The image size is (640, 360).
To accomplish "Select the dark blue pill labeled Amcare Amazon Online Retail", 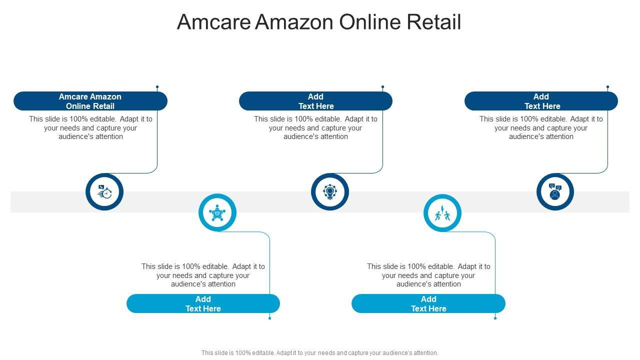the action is pyautogui.click(x=90, y=101).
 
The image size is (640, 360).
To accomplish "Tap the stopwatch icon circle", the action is pyautogui.click(x=104, y=191).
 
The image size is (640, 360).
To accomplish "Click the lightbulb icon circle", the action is pyautogui.click(x=330, y=191).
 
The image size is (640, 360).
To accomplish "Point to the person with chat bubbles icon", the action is pyautogui.click(x=555, y=191).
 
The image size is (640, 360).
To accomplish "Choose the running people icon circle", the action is pyautogui.click(x=442, y=213).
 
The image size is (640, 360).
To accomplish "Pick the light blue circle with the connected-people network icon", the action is pyautogui.click(x=217, y=213).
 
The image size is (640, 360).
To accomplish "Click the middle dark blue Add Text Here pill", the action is pyautogui.click(x=315, y=101).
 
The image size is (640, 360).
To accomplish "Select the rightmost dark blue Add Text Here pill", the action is pyautogui.click(x=541, y=101).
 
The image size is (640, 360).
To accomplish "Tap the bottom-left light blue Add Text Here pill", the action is pyautogui.click(x=203, y=303).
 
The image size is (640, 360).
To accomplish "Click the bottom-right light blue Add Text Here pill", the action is pyautogui.click(x=428, y=303).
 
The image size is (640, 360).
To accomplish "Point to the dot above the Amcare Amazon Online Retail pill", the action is pyautogui.click(x=157, y=87).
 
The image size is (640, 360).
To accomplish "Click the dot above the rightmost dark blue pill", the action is pyautogui.click(x=607, y=87).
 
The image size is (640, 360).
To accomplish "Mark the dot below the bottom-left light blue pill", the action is pyautogui.click(x=269, y=318).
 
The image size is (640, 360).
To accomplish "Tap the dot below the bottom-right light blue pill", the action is pyautogui.click(x=495, y=318).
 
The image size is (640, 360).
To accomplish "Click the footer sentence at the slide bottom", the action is pyautogui.click(x=319, y=352).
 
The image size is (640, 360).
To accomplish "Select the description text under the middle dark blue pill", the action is pyautogui.click(x=315, y=127).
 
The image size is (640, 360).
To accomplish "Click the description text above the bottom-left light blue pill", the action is pyautogui.click(x=203, y=275).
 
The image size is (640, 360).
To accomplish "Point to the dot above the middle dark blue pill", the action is pyautogui.click(x=382, y=87).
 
